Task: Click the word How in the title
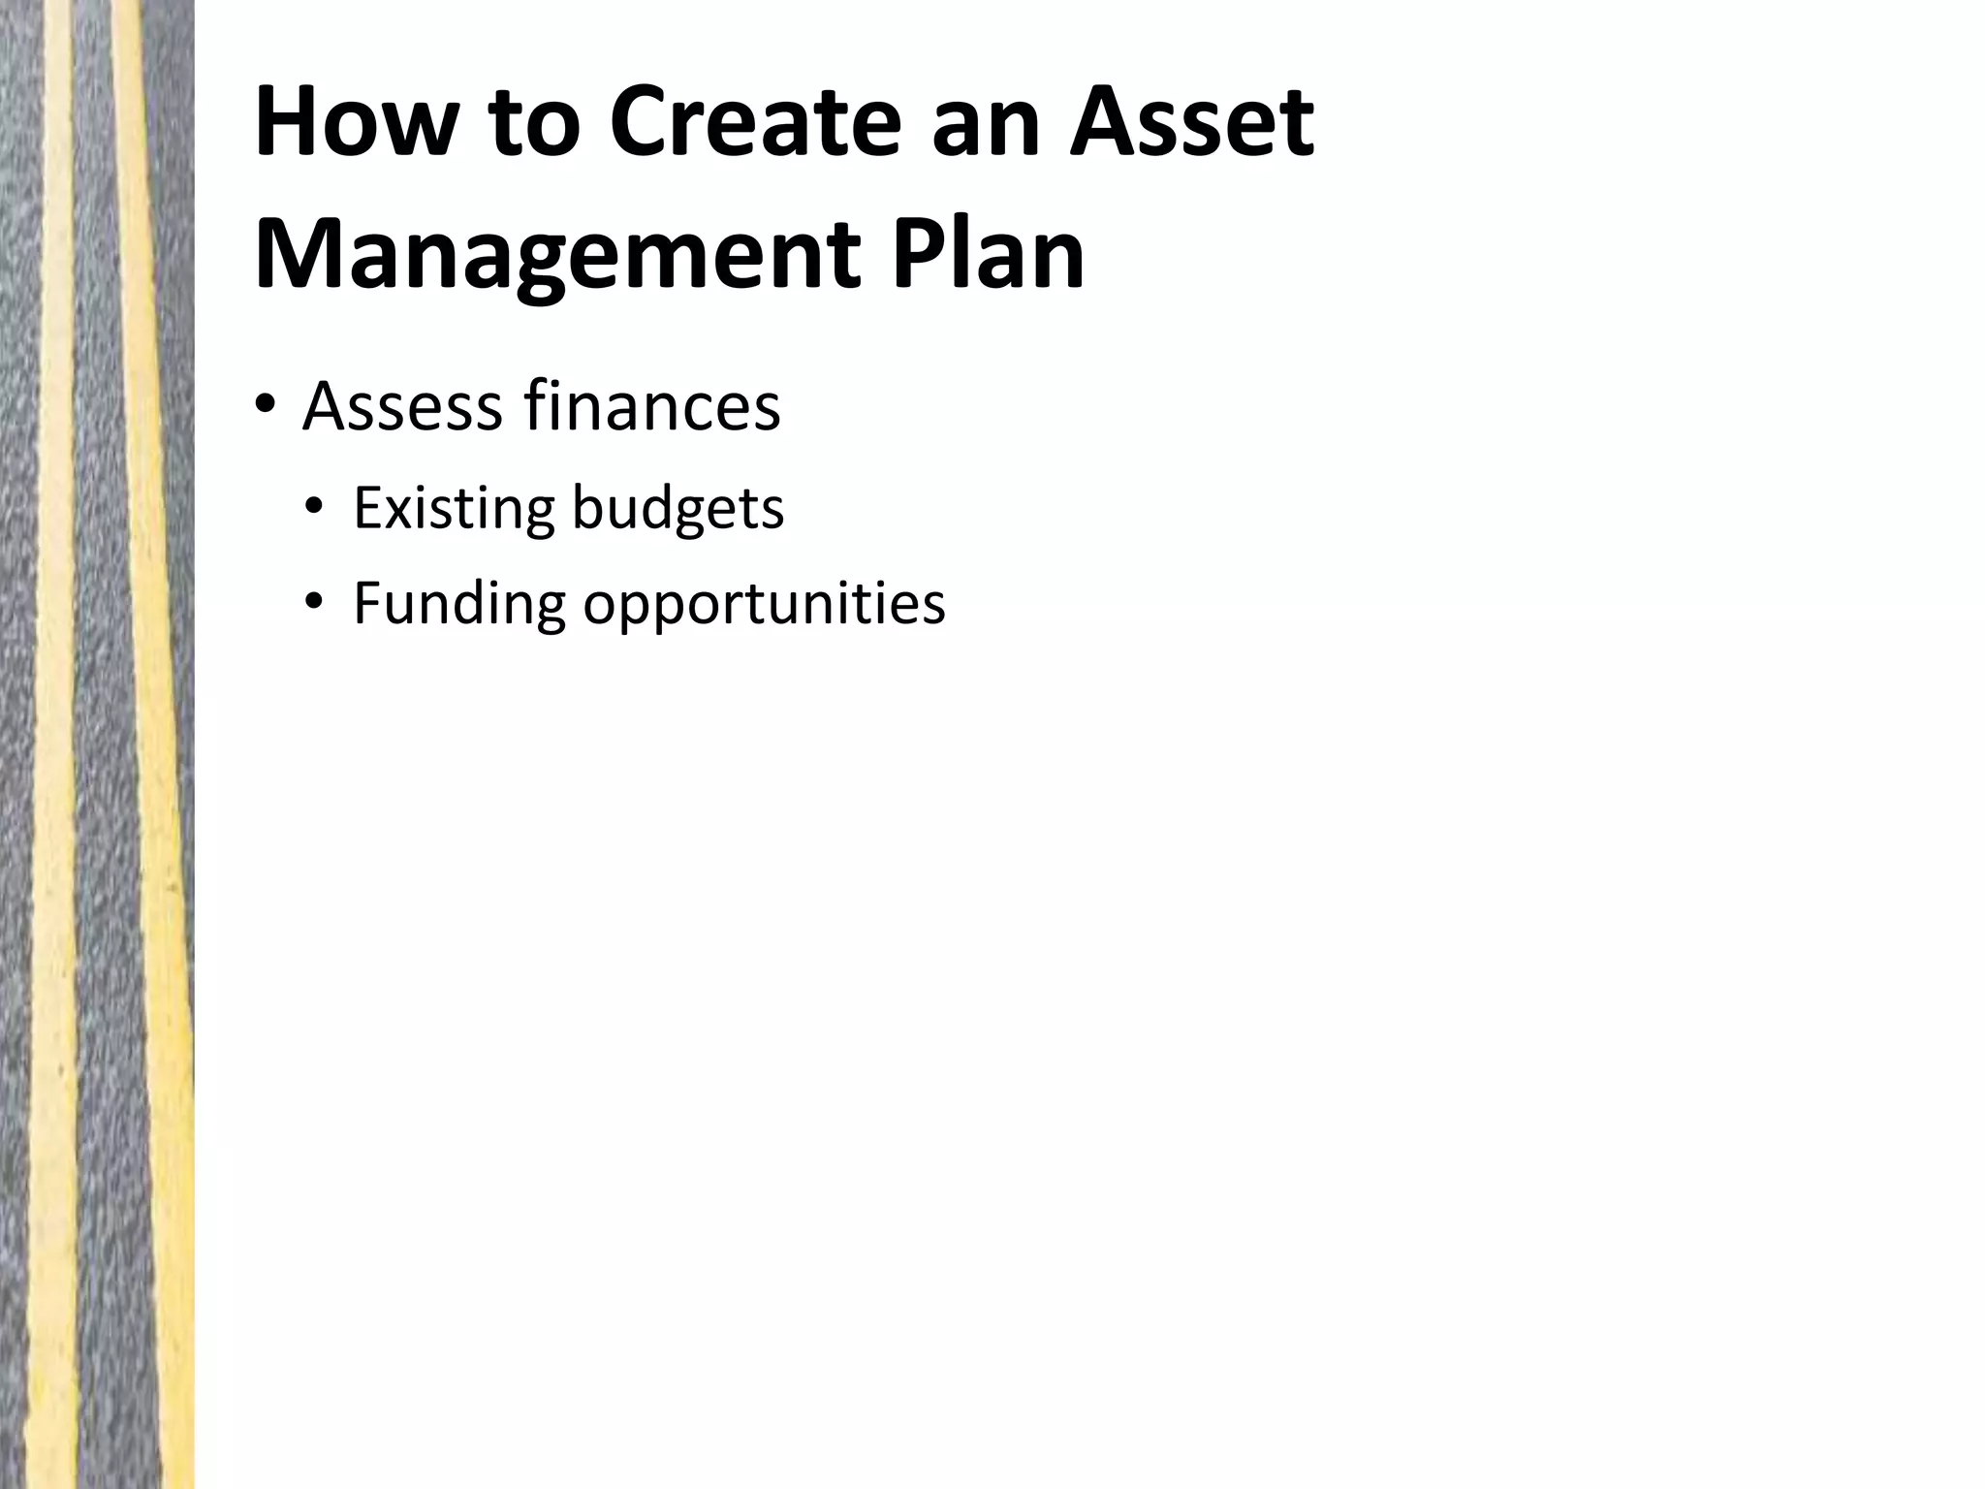[350, 123]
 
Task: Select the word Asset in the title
[1191, 123]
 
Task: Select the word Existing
[454, 508]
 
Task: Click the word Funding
[458, 604]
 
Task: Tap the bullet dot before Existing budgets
[312, 507]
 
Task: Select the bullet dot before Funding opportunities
[312, 603]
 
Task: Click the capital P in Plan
[917, 254]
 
